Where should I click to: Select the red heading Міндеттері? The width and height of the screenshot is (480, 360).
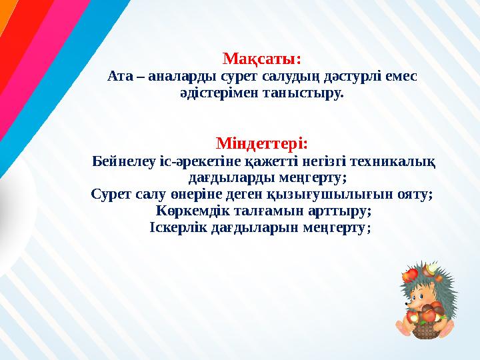point(262,143)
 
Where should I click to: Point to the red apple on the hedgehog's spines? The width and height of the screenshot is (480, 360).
point(411,273)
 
